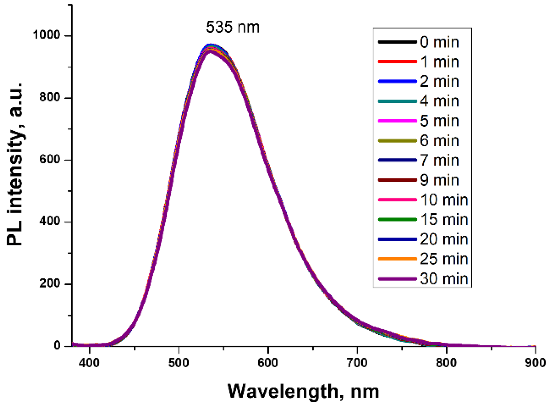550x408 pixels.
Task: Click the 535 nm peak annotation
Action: point(233,27)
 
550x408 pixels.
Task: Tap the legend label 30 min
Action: point(444,279)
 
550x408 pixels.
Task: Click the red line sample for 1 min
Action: point(397,62)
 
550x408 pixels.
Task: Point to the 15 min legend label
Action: point(444,219)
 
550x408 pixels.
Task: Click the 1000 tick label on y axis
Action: point(46,35)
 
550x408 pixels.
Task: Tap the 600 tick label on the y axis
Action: point(50,159)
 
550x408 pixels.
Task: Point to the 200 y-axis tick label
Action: point(50,283)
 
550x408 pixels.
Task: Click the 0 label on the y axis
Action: point(57,345)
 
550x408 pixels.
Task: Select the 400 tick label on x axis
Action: point(89,363)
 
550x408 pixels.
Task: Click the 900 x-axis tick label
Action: point(535,363)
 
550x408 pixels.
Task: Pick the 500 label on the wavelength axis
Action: point(178,363)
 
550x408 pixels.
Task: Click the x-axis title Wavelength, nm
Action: point(303,391)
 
